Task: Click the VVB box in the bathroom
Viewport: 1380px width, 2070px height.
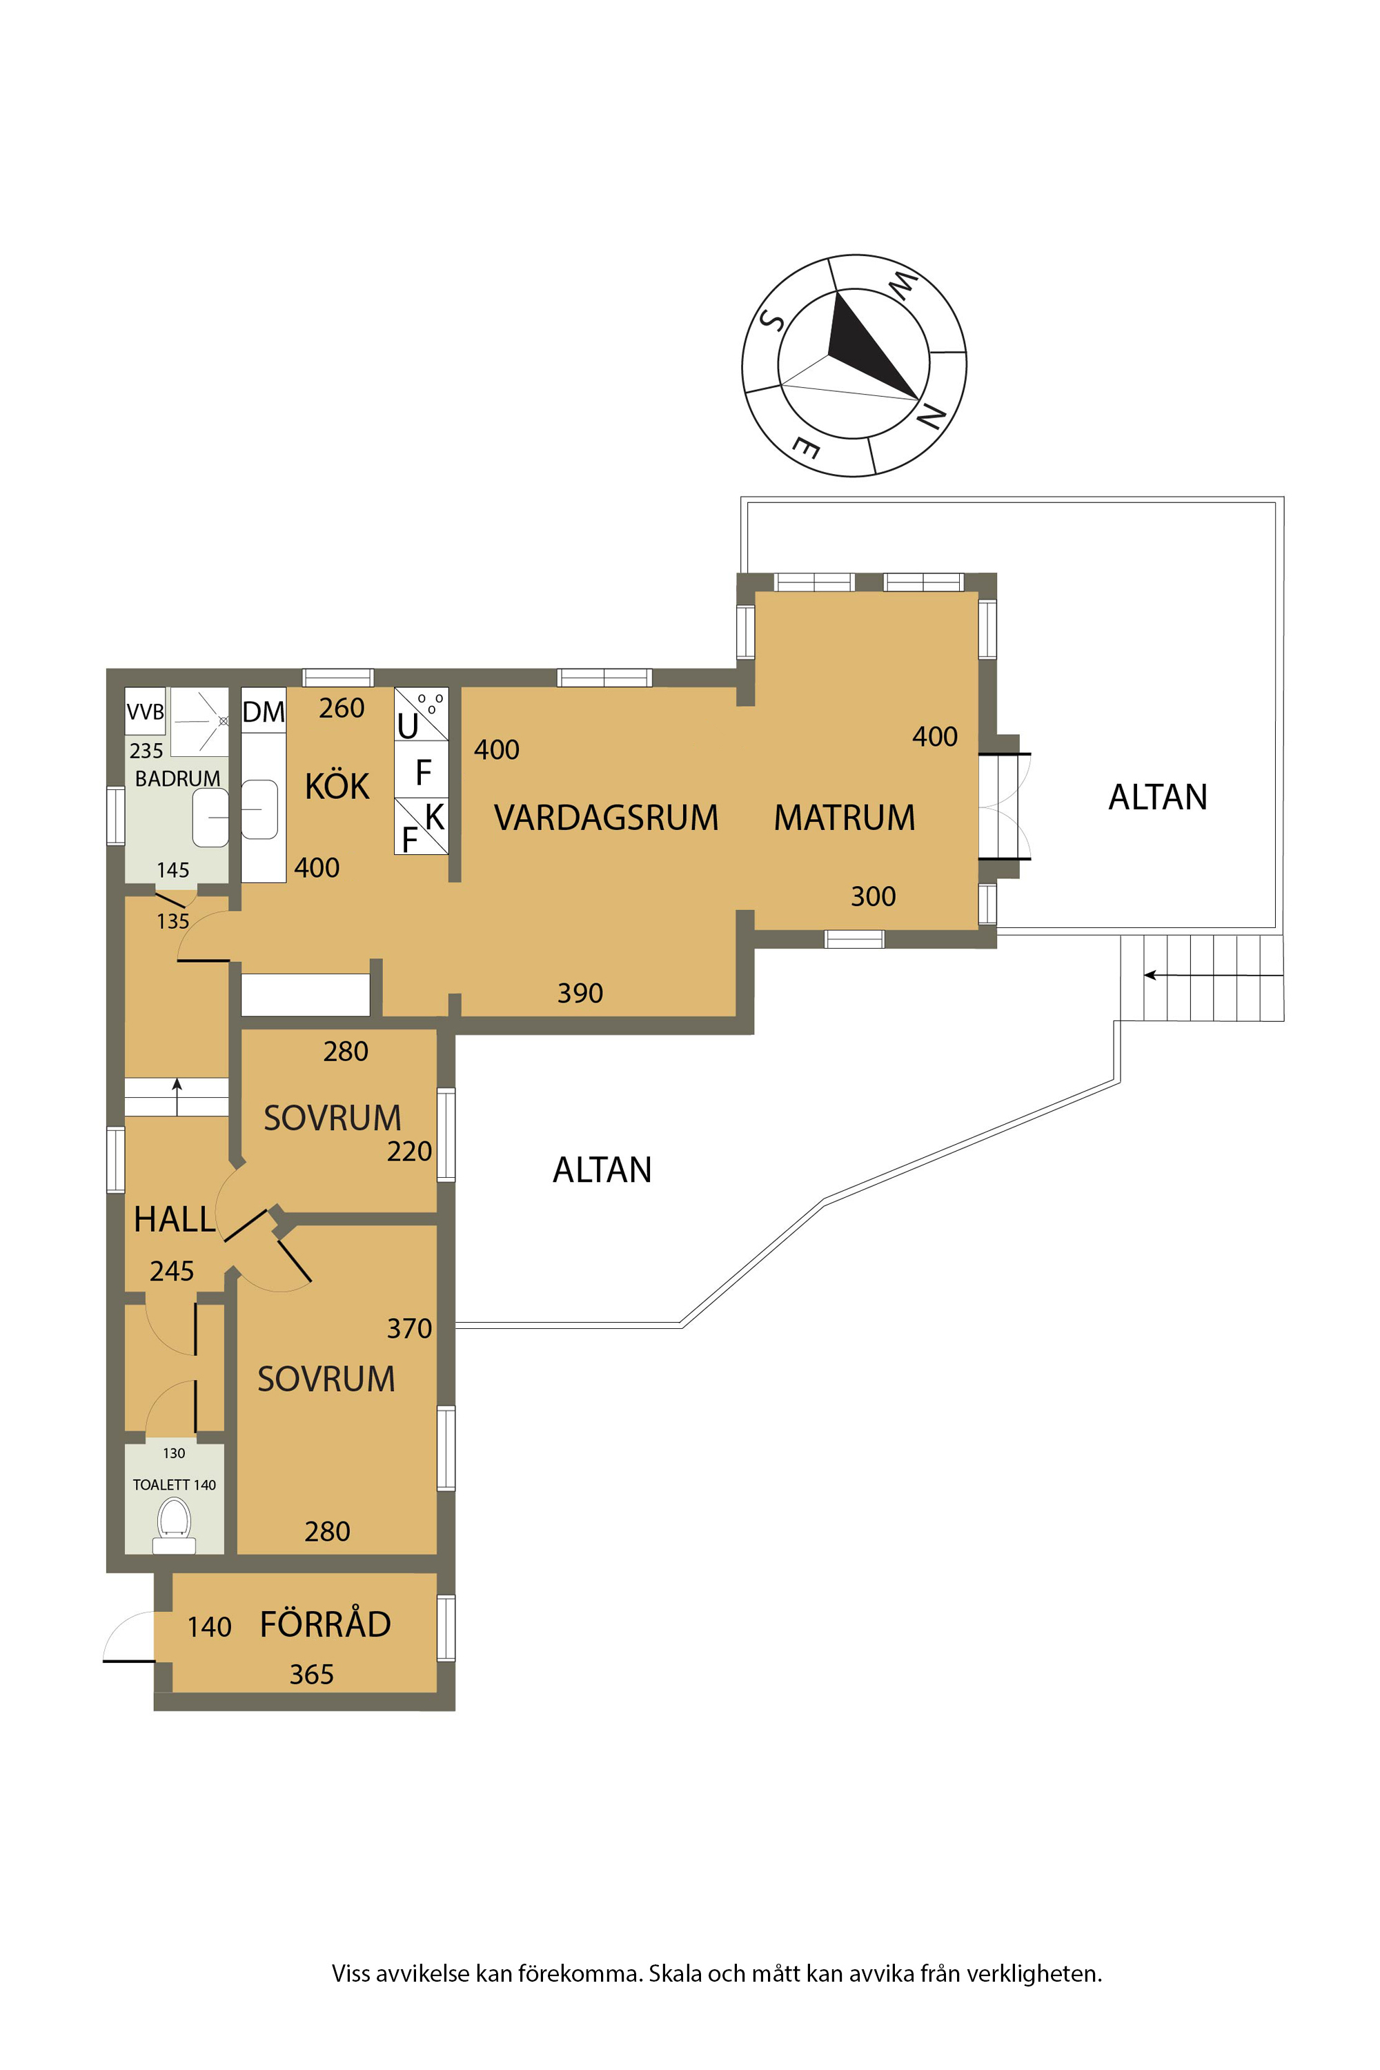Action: click(x=145, y=711)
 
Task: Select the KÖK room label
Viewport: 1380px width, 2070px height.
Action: click(x=337, y=786)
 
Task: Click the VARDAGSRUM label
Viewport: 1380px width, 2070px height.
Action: click(x=606, y=818)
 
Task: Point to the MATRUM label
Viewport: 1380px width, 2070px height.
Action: click(x=844, y=818)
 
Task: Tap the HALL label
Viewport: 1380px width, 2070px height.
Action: click(x=175, y=1220)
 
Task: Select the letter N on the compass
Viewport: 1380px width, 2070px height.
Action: click(x=931, y=415)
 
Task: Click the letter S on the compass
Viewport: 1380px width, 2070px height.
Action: click(x=772, y=319)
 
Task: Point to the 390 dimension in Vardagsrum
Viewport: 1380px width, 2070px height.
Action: click(x=580, y=993)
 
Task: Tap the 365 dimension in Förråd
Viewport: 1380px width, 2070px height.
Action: click(x=312, y=1674)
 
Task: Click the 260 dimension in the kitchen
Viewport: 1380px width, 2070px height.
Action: click(x=342, y=708)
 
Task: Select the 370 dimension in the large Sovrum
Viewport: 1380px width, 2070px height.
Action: click(x=409, y=1328)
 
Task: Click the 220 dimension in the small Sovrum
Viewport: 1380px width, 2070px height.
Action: click(x=409, y=1151)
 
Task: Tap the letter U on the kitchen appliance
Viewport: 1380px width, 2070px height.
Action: click(x=408, y=726)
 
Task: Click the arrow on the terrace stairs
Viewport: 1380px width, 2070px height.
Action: click(x=1214, y=975)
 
